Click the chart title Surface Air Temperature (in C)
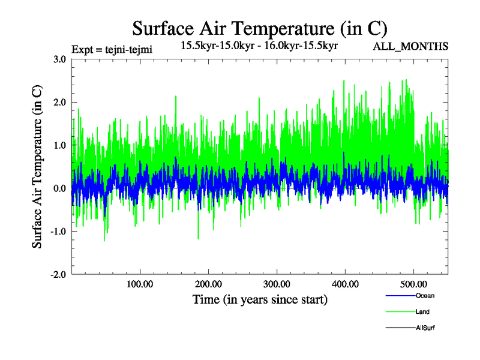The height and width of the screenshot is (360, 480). coord(260,29)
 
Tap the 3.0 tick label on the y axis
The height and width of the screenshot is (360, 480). coord(59,59)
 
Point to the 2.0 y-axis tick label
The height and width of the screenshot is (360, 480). coord(59,103)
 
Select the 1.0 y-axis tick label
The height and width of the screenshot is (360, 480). coord(59,145)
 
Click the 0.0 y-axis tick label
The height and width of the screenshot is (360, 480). coord(59,188)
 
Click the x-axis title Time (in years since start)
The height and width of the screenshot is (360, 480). coord(260,299)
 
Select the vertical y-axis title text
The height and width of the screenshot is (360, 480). coord(37,167)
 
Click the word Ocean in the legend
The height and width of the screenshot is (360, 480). coord(424,296)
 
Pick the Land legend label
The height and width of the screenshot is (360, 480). coord(422,312)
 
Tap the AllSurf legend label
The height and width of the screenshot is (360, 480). coord(425,328)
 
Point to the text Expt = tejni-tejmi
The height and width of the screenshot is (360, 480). coord(112,49)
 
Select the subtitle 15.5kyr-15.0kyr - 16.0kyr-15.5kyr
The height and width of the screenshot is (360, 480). coord(259,45)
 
